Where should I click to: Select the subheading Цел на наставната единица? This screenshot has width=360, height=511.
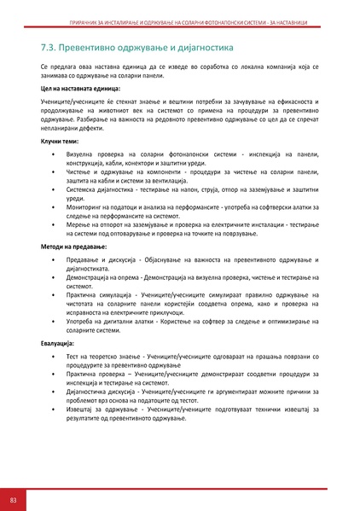point(80,88)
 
